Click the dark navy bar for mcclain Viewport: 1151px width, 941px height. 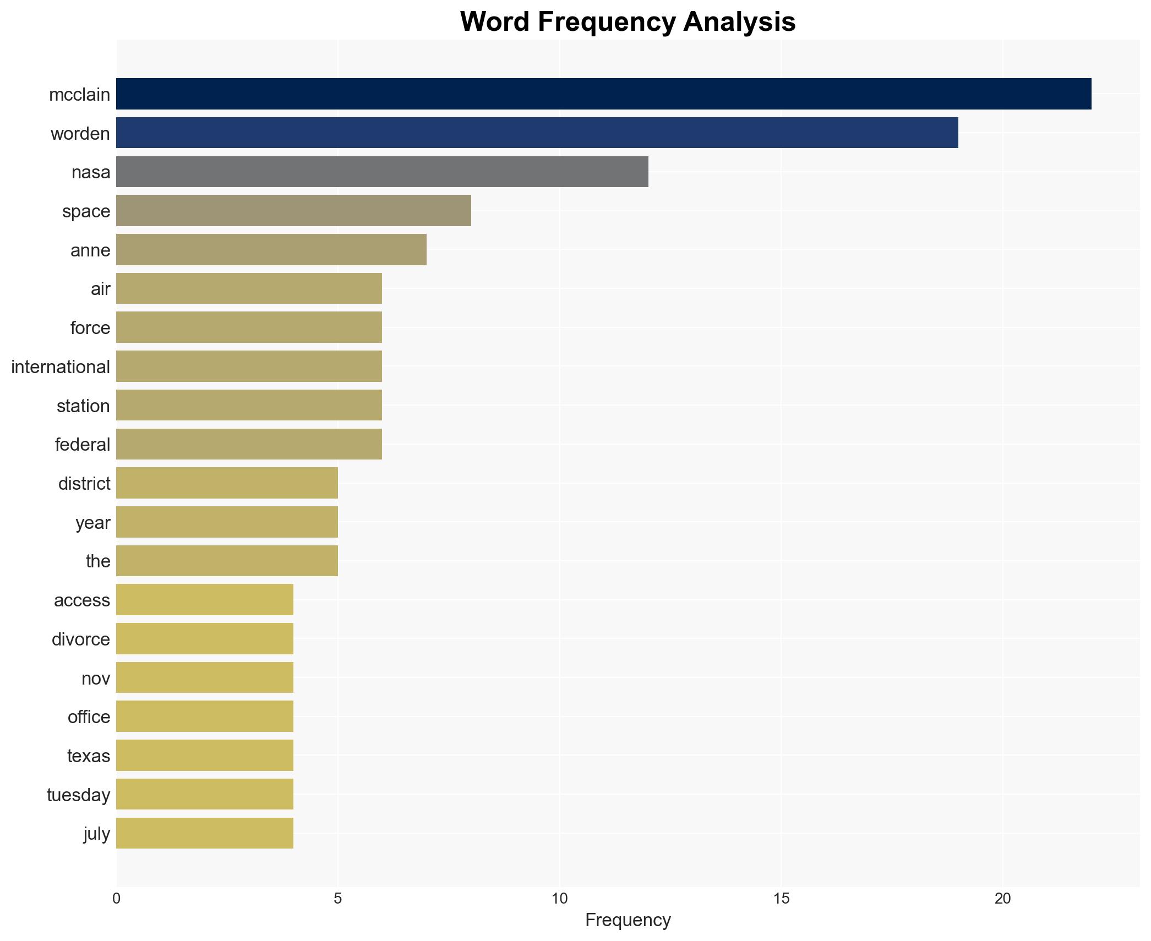coord(603,94)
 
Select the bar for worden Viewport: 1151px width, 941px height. coord(537,133)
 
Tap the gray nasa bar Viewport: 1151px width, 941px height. coord(382,172)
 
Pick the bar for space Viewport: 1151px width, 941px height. coord(293,211)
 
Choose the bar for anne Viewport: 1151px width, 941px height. coord(271,250)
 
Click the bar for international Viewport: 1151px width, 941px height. coord(249,366)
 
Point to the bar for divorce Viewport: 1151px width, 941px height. coord(204,639)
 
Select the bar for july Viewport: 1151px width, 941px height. coord(204,833)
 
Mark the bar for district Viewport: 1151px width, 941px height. coord(227,483)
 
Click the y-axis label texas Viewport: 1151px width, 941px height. coord(89,756)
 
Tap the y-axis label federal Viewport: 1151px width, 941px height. coord(83,445)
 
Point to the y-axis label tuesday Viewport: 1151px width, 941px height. coord(78,795)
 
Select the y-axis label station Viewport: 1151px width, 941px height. coord(83,406)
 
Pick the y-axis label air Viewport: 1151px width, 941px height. coord(100,289)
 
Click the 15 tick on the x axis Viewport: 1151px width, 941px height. coord(781,899)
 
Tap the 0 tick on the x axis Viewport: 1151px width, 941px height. coord(116,899)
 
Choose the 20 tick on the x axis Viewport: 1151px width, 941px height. coord(1002,899)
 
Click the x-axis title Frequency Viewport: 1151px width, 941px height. coord(628,920)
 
